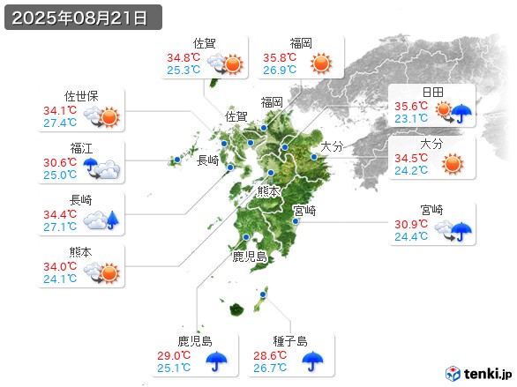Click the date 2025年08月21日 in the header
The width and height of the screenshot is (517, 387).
[81, 18]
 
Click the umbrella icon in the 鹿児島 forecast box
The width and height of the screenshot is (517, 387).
[217, 361]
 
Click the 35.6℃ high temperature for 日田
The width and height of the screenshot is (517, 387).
[412, 106]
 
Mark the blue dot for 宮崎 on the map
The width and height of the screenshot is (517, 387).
[296, 222]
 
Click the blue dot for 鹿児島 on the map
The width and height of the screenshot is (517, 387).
[244, 237]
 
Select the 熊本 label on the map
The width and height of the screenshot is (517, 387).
[268, 190]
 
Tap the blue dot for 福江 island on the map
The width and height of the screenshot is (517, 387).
[177, 160]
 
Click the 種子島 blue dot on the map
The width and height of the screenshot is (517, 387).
[264, 294]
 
